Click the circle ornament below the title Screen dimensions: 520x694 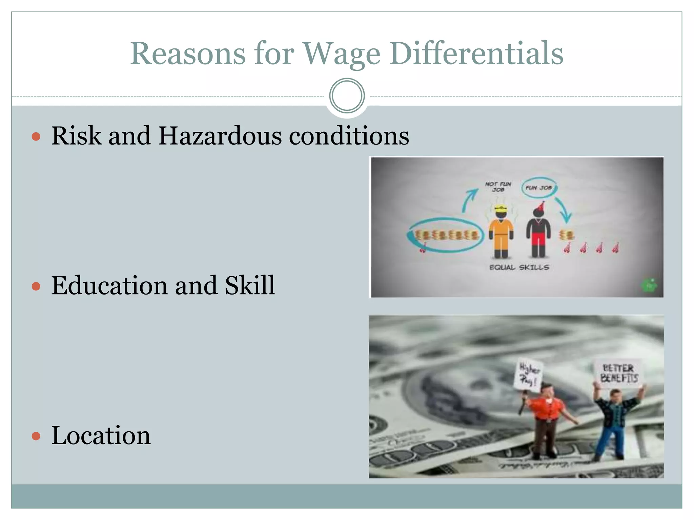347,96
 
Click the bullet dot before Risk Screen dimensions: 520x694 36,137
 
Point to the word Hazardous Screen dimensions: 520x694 220,136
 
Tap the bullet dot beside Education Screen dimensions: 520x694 36,286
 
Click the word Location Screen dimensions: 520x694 101,435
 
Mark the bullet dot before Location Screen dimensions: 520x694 36,436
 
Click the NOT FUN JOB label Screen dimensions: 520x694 498,187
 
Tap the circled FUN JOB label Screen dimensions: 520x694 538,188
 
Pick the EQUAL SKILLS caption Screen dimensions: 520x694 519,267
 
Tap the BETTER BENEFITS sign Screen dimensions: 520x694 619,373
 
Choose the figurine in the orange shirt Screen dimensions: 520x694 546,420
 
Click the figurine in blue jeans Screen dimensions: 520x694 613,423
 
